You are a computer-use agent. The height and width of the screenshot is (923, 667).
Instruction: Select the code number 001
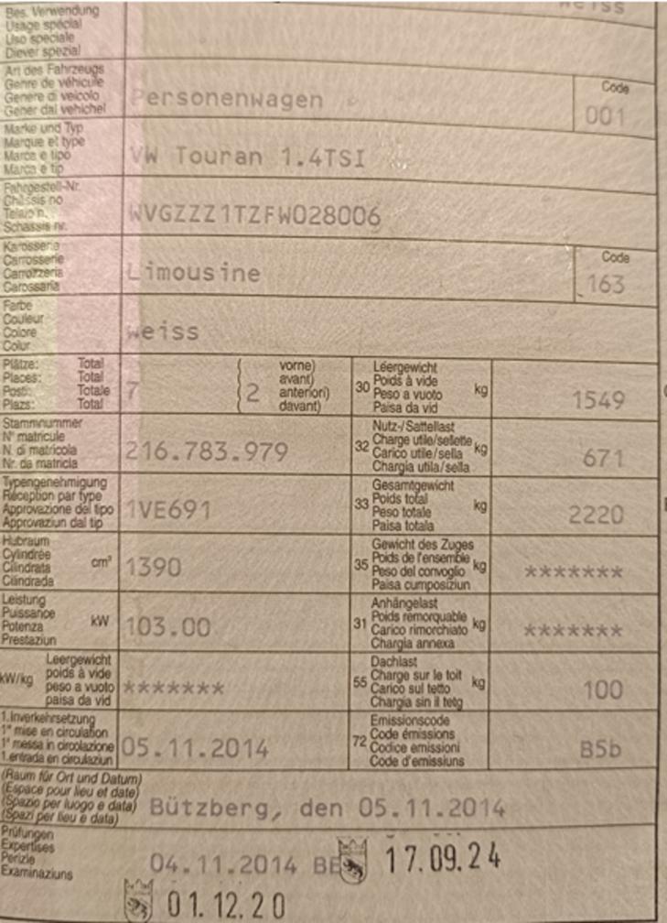[x=606, y=117]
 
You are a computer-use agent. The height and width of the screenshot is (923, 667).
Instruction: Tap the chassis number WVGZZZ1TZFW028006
[x=255, y=216]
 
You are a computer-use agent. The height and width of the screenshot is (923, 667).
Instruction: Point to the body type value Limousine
[x=194, y=273]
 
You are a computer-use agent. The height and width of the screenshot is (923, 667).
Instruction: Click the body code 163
[x=606, y=285]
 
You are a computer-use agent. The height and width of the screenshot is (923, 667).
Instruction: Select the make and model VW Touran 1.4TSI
[x=248, y=158]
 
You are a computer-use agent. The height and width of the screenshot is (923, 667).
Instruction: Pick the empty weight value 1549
[x=598, y=400]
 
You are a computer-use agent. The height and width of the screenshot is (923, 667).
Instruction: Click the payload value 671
[x=604, y=458]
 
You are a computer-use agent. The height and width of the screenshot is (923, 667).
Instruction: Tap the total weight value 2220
[x=597, y=515]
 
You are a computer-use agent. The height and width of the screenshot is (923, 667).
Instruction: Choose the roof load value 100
[x=604, y=690]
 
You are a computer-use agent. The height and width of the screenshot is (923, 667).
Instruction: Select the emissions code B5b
[x=601, y=749]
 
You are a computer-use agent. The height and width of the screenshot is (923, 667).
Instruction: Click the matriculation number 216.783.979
[x=207, y=451]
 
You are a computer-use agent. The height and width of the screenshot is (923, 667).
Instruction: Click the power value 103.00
[x=167, y=628]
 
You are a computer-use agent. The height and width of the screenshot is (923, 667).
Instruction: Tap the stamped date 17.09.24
[x=442, y=858]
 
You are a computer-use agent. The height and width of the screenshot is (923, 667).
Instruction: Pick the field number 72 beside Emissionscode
[x=360, y=740]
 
